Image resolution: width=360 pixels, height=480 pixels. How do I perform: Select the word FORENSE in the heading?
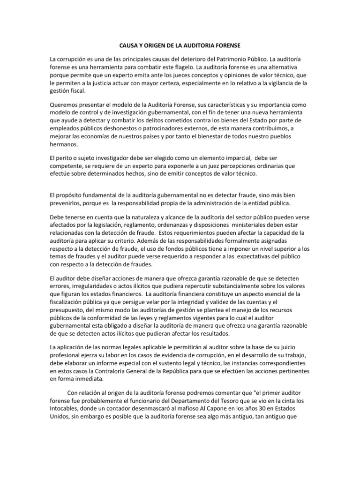coord(227,45)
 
